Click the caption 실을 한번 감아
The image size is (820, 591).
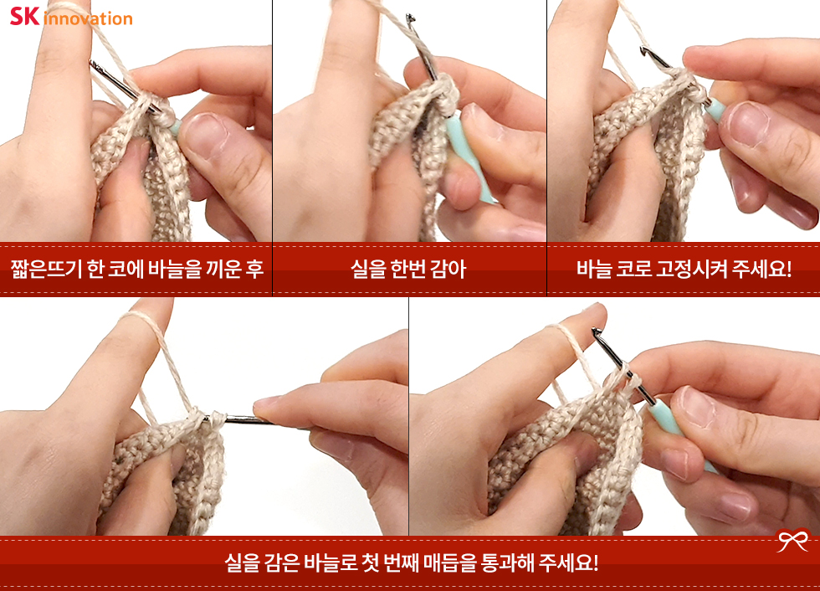408,269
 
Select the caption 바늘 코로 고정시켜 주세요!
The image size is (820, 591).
684,269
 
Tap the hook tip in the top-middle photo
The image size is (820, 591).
411,18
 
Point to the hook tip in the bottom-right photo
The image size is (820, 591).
595,331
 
